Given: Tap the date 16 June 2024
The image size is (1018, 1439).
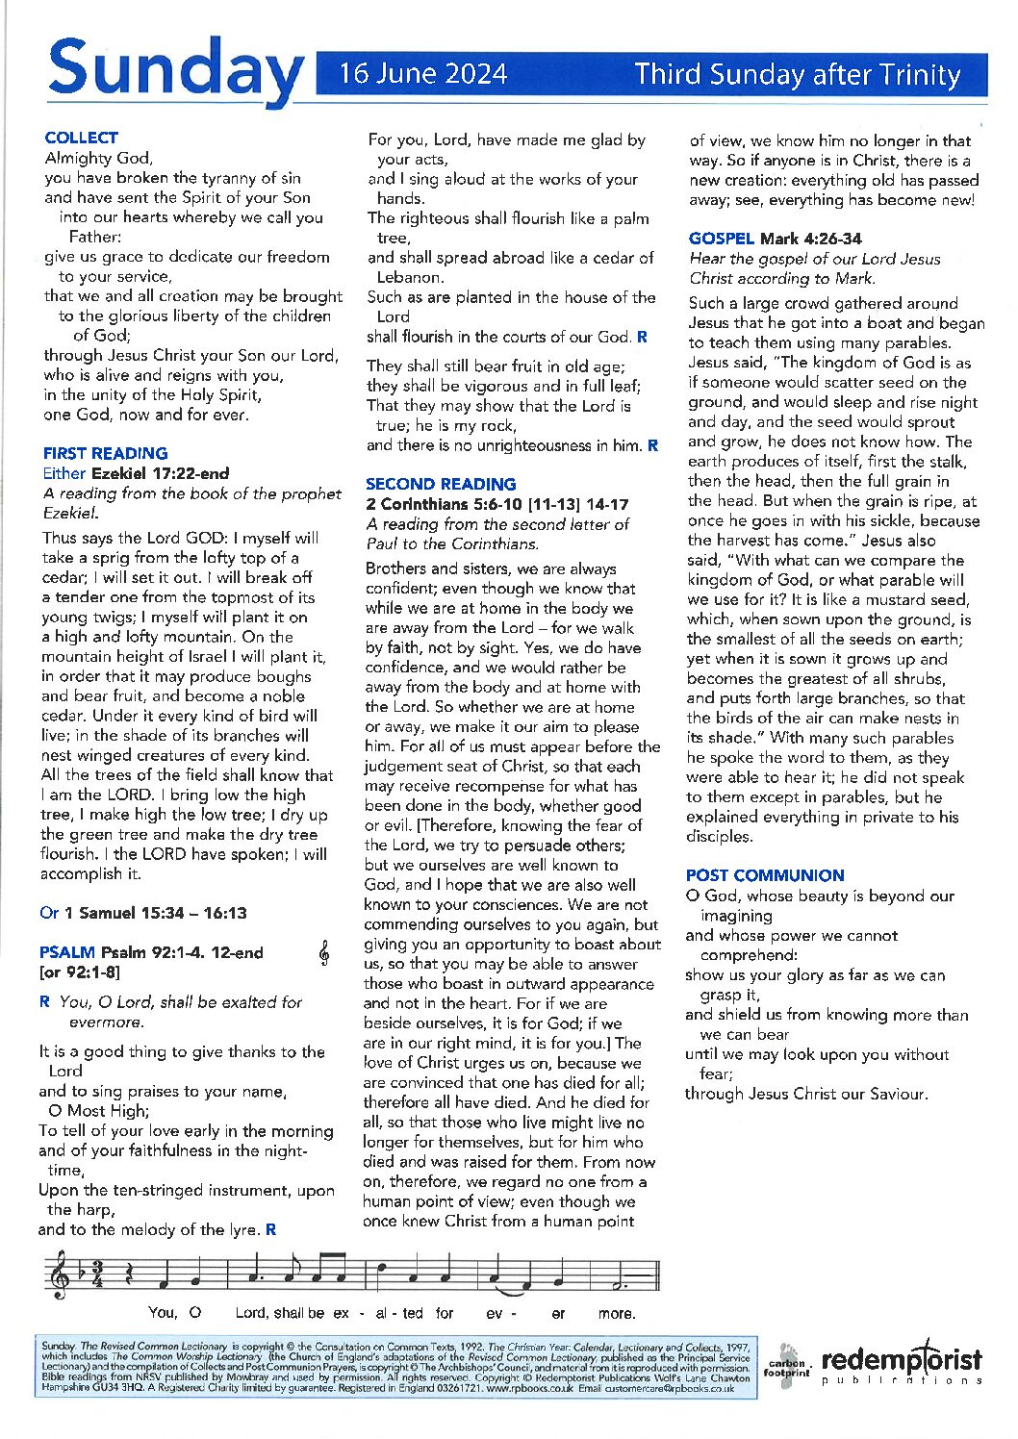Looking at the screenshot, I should point(422,74).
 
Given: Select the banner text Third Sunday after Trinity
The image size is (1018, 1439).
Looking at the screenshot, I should point(798,74).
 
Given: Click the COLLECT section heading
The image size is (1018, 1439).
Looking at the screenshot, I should point(81,138).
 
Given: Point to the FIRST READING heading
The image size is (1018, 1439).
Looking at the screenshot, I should point(105,453).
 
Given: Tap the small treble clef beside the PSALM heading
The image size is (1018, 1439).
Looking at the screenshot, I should point(324,952).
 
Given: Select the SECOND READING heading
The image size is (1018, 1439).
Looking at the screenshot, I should point(441,484).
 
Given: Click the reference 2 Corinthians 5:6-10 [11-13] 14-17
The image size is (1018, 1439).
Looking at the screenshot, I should point(497,504).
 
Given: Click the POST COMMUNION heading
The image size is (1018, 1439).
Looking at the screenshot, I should point(765,875).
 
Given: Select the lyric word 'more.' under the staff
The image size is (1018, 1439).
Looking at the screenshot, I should point(617,1313).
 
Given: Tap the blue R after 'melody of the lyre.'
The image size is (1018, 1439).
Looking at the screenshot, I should point(271,1229).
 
